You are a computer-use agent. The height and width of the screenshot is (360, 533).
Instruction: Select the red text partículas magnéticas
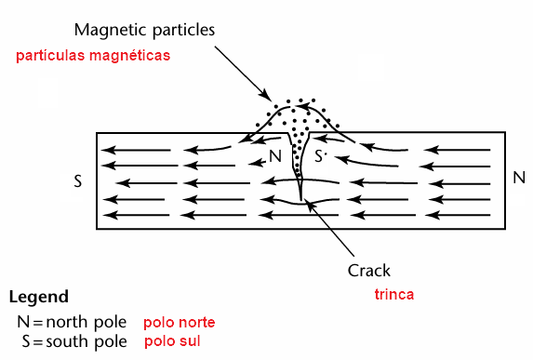click(x=93, y=56)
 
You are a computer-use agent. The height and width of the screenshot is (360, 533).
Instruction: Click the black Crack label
click(x=369, y=271)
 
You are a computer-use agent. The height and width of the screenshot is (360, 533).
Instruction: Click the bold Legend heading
click(x=38, y=298)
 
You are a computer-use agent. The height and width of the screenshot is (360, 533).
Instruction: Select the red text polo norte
click(x=179, y=323)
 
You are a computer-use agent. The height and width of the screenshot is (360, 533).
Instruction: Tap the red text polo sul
click(x=172, y=341)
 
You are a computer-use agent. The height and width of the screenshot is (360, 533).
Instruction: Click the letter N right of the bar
click(x=519, y=177)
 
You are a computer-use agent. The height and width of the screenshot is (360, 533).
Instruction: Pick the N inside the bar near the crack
click(x=274, y=155)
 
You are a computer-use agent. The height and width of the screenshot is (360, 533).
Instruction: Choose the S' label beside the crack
click(x=321, y=156)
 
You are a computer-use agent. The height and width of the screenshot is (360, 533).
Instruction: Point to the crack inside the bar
click(x=299, y=177)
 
